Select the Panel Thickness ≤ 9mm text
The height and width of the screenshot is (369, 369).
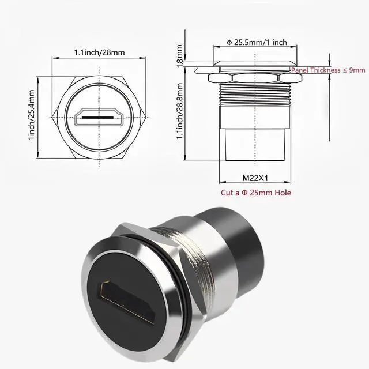click(328, 70)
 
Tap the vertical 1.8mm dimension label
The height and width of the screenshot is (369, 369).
click(180, 55)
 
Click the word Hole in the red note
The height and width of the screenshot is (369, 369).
click(281, 193)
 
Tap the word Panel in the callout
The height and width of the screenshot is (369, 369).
click(302, 70)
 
